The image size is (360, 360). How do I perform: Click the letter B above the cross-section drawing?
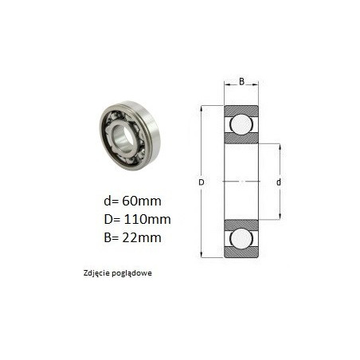click(241, 81)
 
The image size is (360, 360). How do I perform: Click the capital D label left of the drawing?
click(202, 182)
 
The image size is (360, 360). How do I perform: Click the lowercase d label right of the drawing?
click(279, 182)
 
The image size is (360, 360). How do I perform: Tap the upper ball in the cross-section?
click(241, 124)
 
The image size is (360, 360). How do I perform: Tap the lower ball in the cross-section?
click(241, 239)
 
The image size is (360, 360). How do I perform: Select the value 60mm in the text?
click(142, 201)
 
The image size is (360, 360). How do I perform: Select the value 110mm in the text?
click(147, 219)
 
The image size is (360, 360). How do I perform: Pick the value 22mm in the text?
click(142, 237)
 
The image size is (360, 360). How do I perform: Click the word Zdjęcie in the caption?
click(96, 273)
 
